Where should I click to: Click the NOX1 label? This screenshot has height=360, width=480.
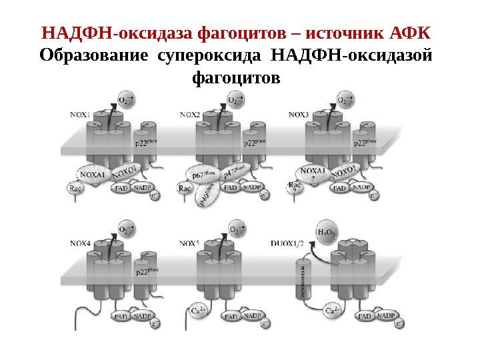[80, 114]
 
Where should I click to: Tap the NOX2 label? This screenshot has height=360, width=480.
[190, 114]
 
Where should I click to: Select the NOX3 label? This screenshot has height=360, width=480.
[298, 114]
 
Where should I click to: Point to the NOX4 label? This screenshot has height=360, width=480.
[80, 244]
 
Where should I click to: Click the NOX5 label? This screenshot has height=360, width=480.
[190, 244]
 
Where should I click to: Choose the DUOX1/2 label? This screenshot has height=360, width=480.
[288, 244]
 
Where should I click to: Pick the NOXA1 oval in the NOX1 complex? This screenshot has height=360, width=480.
[93, 175]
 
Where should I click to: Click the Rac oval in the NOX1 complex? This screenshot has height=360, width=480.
[75, 189]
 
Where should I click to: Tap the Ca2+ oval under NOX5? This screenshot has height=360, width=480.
[199, 311]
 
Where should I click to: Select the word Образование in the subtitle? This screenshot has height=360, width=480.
[95, 55]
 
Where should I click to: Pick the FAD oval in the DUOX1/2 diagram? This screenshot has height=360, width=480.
[364, 317]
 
